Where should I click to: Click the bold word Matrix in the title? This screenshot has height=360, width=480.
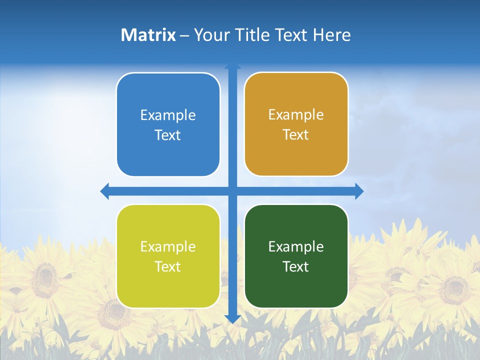pyautogui.click(x=148, y=35)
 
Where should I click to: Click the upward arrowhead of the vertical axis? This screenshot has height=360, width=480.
pyautogui.click(x=232, y=65)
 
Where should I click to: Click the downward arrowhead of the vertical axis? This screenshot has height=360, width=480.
pyautogui.click(x=232, y=318)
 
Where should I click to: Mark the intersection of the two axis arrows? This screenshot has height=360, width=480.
pyautogui.click(x=232, y=191)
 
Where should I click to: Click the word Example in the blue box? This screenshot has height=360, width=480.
pyautogui.click(x=168, y=115)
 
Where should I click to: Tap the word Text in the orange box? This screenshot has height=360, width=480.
pyautogui.click(x=296, y=135)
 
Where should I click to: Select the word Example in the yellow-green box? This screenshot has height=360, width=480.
pyautogui.click(x=168, y=247)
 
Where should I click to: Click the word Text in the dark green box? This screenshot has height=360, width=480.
pyautogui.click(x=296, y=267)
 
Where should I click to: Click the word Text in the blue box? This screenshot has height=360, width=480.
pyautogui.click(x=168, y=135)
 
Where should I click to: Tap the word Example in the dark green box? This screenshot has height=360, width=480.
pyautogui.click(x=296, y=247)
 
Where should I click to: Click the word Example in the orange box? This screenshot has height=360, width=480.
pyautogui.click(x=296, y=115)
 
